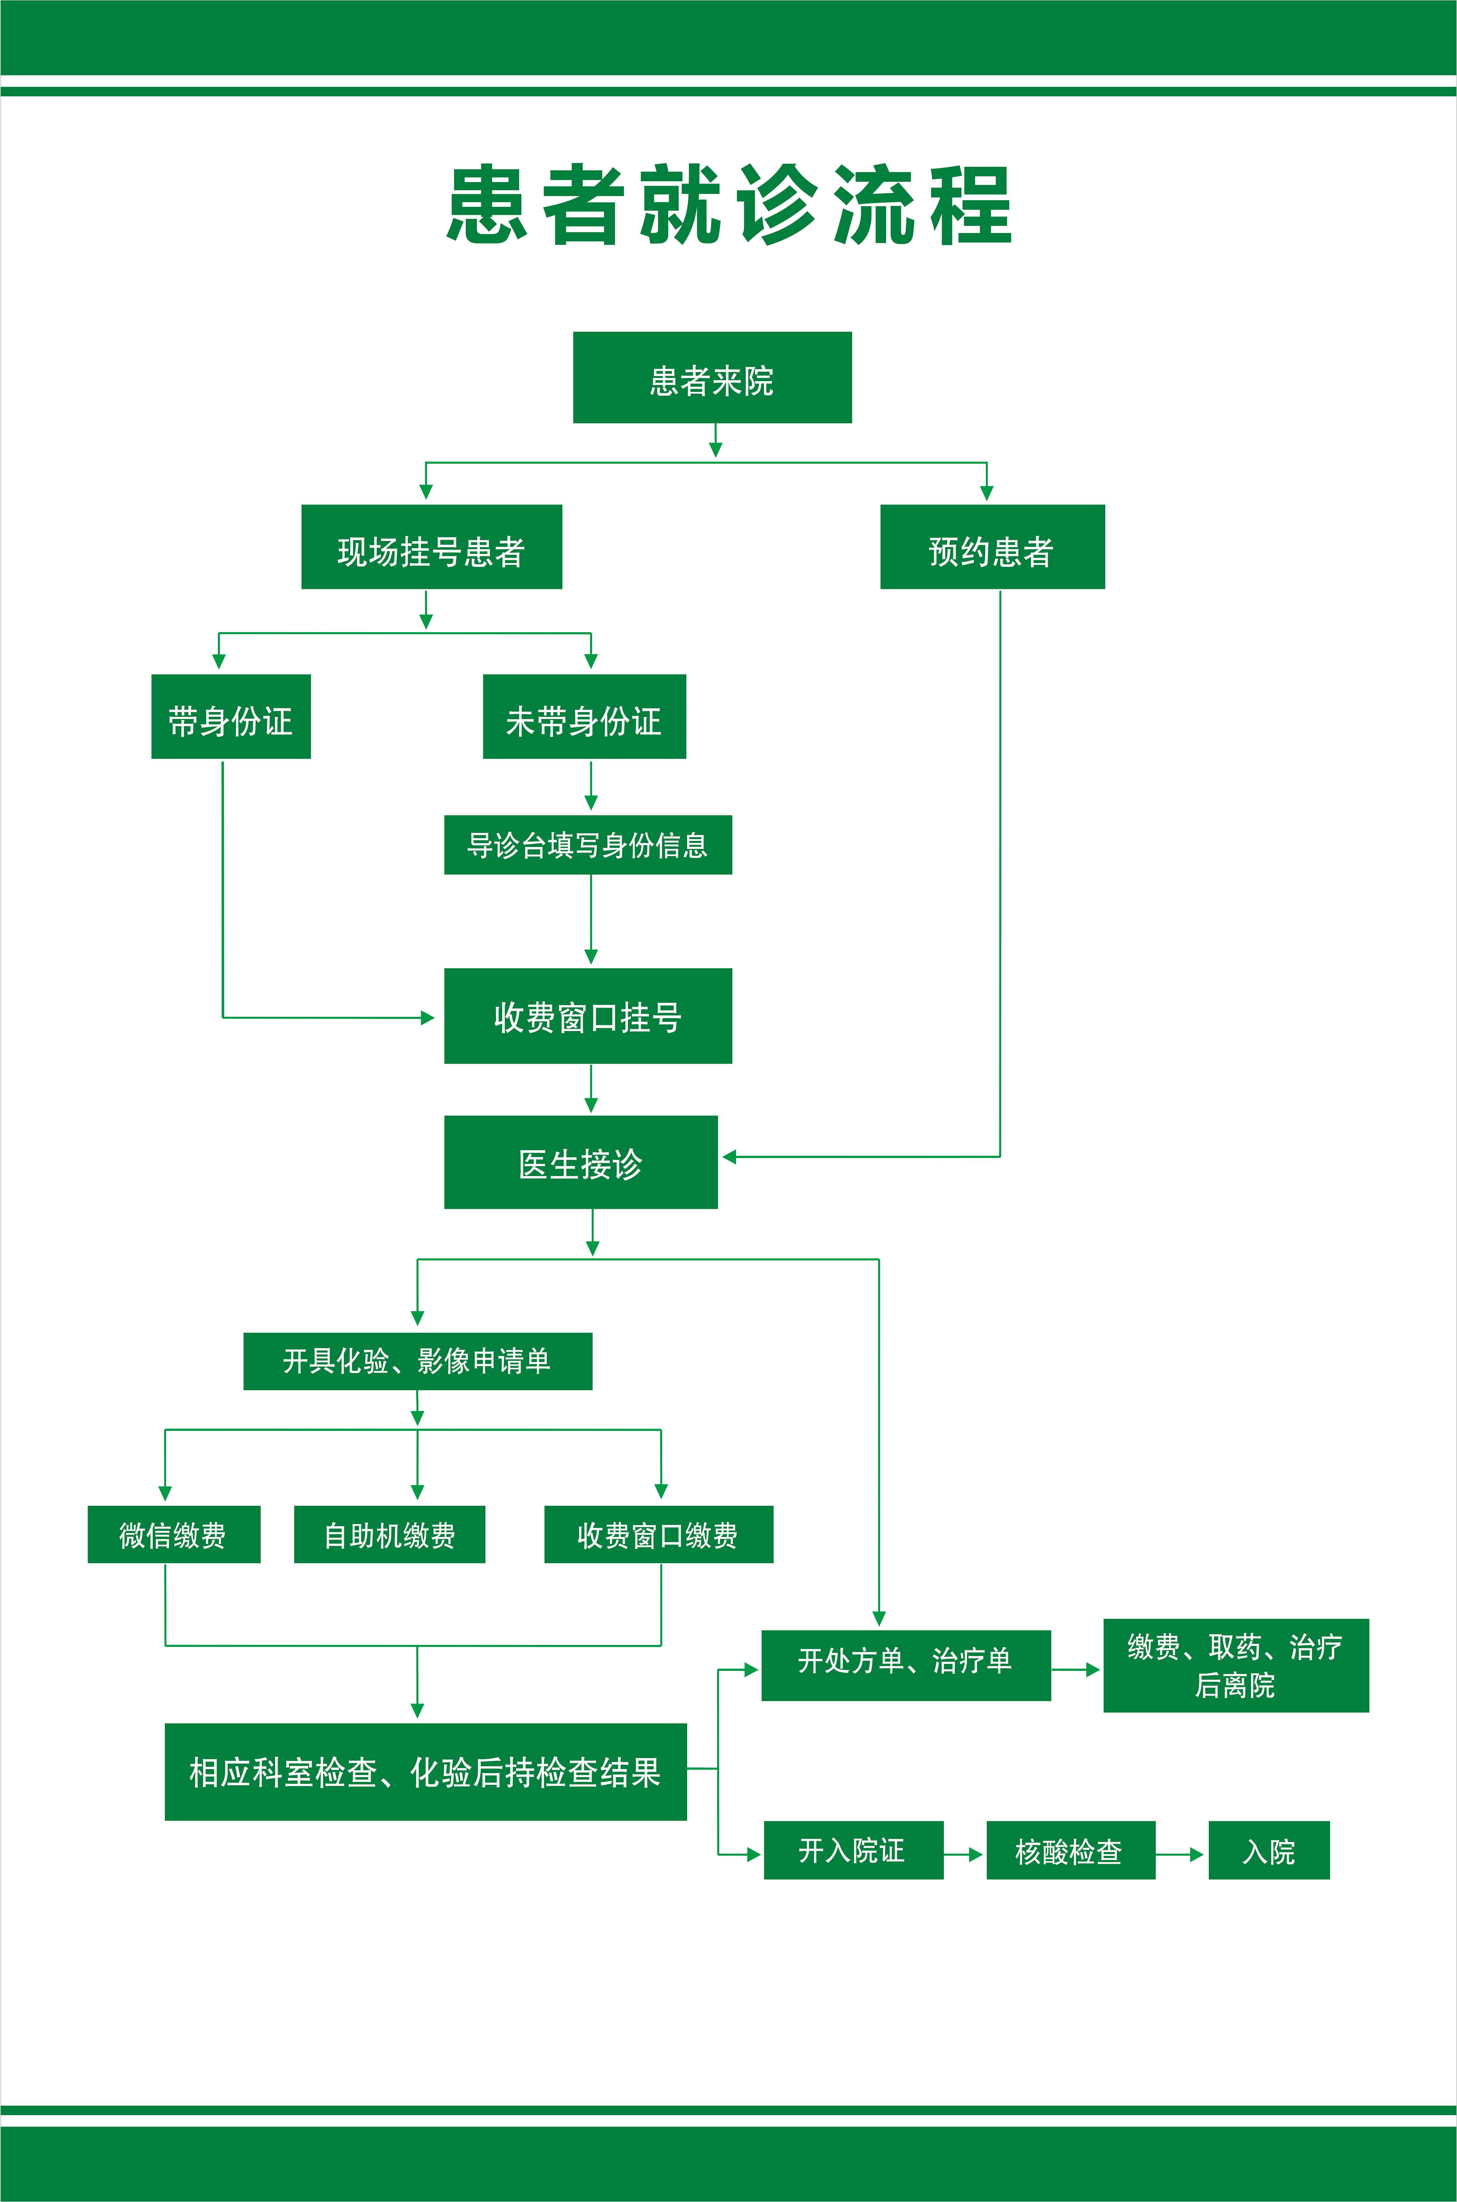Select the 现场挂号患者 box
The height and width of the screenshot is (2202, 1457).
point(431,547)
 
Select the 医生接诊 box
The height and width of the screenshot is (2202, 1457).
point(581,1162)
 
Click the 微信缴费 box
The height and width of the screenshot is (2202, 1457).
point(174,1535)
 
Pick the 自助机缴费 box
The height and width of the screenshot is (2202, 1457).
point(389,1535)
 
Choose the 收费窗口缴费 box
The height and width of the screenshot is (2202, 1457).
point(658,1535)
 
